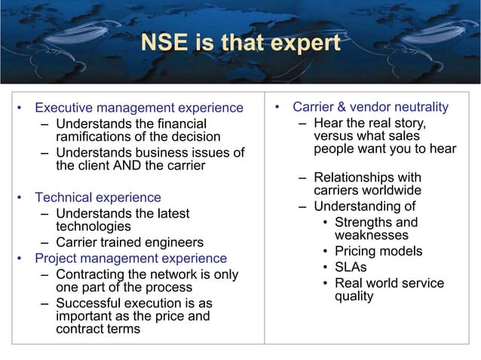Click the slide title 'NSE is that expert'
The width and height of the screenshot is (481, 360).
pos(240,44)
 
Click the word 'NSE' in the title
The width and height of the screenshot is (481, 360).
pos(162,44)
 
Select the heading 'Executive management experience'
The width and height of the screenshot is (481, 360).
pos(139,108)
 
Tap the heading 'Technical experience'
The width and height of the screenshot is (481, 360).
pos(98,197)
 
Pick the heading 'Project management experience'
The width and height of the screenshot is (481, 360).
pos(132,258)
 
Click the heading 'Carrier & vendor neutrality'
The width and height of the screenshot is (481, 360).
pos(370,107)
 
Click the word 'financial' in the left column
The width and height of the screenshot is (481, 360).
pos(178,123)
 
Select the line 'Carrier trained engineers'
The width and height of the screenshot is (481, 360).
pos(130,243)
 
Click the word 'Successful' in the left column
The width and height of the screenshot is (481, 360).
pos(87,303)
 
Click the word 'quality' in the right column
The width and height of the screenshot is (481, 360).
pos(354,296)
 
